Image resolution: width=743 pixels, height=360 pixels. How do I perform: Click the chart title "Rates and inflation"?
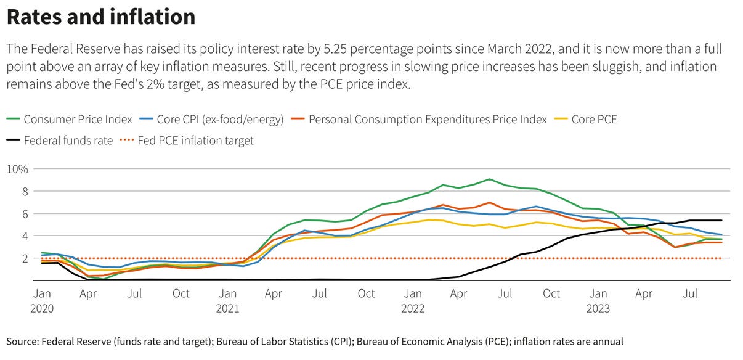(101, 17)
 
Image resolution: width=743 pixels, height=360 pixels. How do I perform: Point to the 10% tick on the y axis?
(18, 169)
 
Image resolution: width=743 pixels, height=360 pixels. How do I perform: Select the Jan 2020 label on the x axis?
(42, 301)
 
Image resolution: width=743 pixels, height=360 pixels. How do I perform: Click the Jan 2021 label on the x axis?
(227, 301)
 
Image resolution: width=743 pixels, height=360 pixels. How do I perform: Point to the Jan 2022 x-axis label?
(413, 301)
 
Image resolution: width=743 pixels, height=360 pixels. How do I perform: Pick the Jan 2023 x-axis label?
(598, 301)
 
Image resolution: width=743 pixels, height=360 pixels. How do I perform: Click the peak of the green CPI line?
(489, 179)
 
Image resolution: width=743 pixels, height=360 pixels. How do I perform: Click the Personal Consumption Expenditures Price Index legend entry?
(428, 120)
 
